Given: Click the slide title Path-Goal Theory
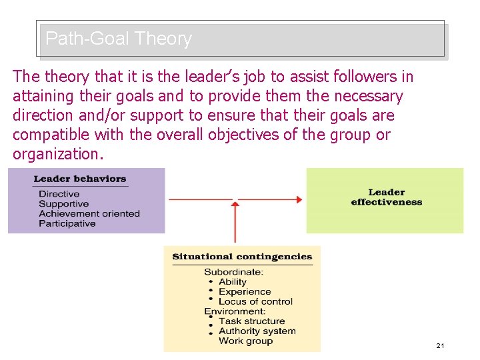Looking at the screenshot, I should tap(119, 39).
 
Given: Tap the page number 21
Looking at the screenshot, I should tap(440, 345).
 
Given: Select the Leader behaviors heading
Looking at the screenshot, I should tap(80, 179).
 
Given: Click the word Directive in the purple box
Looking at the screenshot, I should tap(59, 194).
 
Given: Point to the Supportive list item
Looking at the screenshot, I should tap(64, 204).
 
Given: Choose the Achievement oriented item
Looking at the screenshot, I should tap(89, 214).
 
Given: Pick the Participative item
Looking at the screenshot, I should tap(67, 224).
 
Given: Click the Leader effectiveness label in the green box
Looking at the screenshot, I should tap(387, 197).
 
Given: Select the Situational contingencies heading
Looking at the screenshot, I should tap(242, 257).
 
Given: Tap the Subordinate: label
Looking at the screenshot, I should tap(234, 272).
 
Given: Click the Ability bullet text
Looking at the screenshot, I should tap(233, 282).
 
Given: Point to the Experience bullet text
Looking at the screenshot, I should tap(245, 292).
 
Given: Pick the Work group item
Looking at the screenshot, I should tap(246, 341).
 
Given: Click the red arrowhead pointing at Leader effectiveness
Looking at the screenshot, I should tap(298, 199).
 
